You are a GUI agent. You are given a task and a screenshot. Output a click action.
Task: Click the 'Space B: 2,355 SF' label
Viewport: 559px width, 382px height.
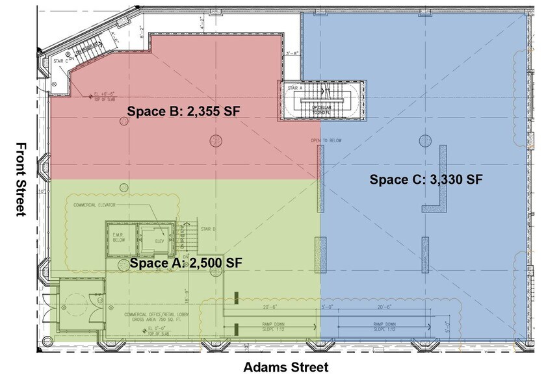click(183, 111)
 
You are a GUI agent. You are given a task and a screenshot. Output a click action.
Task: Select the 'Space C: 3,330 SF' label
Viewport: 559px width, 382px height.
click(426, 180)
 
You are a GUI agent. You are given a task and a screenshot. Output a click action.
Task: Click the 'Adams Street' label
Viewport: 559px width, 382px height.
click(285, 367)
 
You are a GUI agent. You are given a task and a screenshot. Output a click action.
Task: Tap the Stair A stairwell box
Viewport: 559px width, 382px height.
click(323, 101)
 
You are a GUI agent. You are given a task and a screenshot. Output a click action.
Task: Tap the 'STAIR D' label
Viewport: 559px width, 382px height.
click(206, 229)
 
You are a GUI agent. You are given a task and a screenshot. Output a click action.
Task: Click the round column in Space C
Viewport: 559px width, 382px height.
click(425, 140)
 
